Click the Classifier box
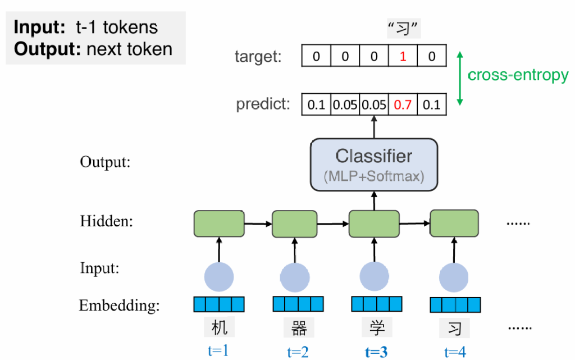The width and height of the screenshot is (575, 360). point(373,163)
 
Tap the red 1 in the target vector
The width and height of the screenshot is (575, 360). point(403,57)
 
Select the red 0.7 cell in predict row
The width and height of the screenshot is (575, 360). point(403,104)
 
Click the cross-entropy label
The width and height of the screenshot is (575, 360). point(518,75)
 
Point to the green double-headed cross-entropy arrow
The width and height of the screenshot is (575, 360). point(460,78)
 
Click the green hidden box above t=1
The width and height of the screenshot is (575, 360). point(219,224)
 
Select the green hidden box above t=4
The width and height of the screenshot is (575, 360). point(454,223)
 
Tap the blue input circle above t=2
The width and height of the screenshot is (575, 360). point(295,276)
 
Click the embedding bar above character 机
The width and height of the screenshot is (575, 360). point(219,304)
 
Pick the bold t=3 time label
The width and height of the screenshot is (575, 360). point(376,352)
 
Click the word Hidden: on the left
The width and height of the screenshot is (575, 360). point(106,222)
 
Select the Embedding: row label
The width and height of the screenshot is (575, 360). point(119,306)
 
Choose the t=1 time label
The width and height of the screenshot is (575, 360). point(218,351)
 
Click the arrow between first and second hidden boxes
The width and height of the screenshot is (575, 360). point(258,224)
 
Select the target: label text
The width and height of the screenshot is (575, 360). point(258,57)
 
